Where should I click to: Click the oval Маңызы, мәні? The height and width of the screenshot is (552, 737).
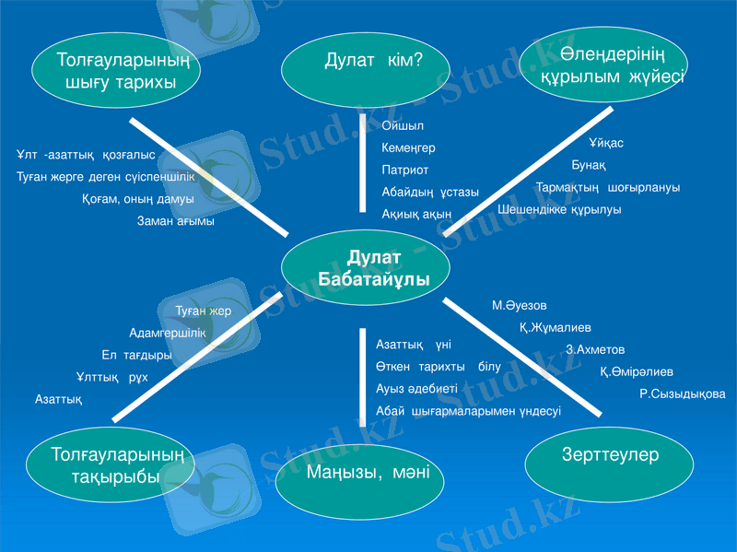click(360, 474)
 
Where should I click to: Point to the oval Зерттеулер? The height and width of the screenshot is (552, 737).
click(611, 456)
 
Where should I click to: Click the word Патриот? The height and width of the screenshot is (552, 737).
click(405, 170)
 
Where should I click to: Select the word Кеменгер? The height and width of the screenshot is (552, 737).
click(408, 147)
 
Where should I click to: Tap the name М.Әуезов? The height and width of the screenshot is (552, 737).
click(519, 305)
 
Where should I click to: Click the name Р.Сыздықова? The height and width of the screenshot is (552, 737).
click(682, 393)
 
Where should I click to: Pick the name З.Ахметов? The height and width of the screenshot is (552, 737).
click(595, 350)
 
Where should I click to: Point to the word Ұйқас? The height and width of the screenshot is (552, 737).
click(606, 144)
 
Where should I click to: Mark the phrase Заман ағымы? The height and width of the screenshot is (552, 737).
click(176, 221)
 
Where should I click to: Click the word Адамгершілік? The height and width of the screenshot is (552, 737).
click(167, 334)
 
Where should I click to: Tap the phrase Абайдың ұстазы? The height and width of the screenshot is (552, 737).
click(430, 193)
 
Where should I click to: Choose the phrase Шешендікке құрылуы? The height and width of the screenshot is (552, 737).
click(559, 210)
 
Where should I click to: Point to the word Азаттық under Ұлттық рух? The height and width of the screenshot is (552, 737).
click(59, 399)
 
